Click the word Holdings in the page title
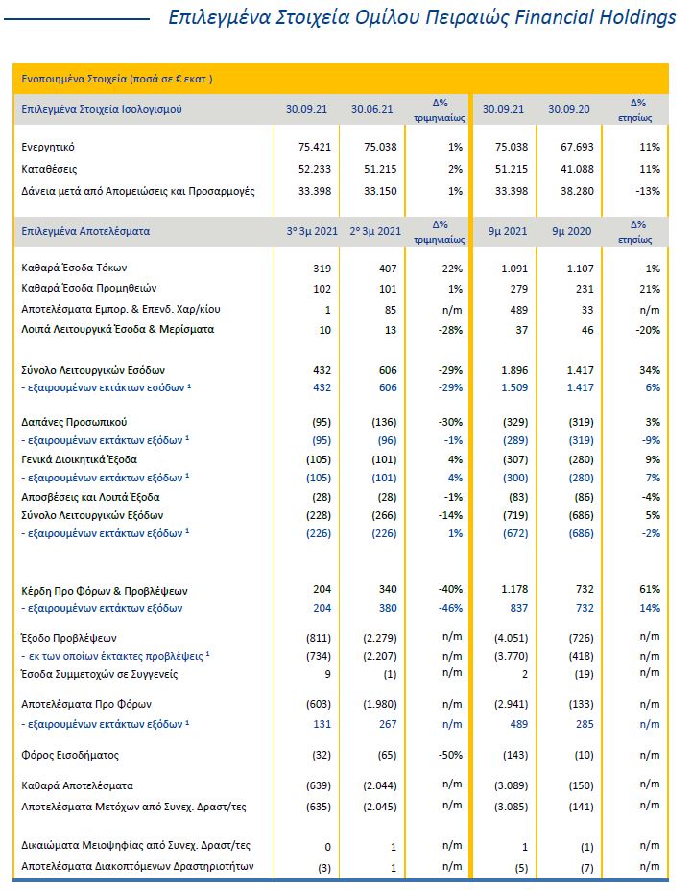[638, 18]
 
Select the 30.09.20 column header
[567, 109]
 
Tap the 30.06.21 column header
[372, 109]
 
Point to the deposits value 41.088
[570, 169]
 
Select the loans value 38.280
[570, 191]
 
